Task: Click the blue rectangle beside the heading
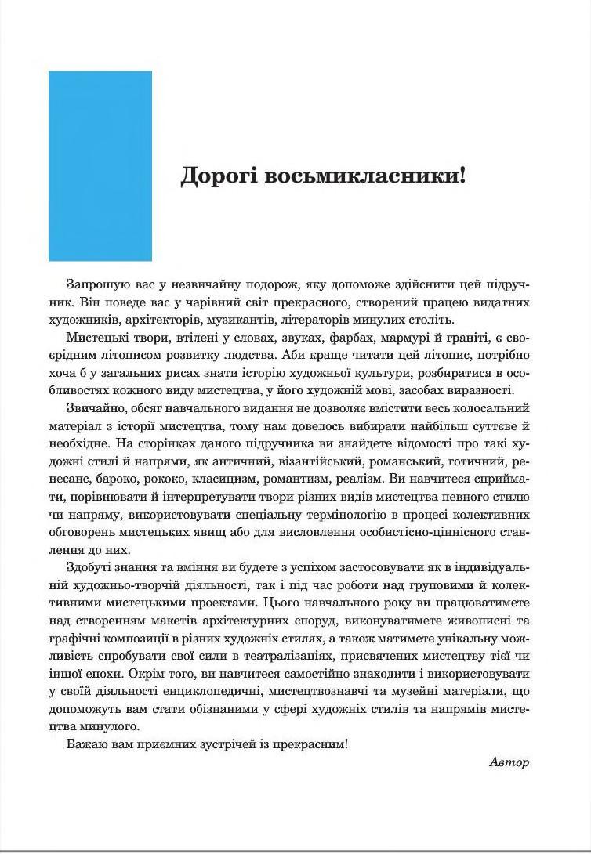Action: tap(100, 165)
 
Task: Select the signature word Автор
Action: tap(509, 762)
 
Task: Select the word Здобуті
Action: tap(89, 566)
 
